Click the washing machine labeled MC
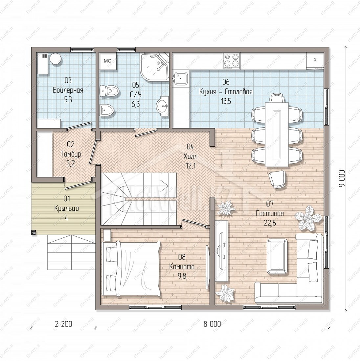(x=108, y=61)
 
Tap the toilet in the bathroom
(x=109, y=91)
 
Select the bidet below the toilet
(x=107, y=110)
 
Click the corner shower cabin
(x=154, y=66)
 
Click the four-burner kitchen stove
(x=232, y=61)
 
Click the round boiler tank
(x=56, y=59)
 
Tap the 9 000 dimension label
(x=342, y=179)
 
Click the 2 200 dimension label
(x=63, y=324)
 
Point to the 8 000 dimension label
(x=212, y=324)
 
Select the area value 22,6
(x=270, y=223)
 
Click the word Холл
(x=191, y=156)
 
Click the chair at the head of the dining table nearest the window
(x=277, y=98)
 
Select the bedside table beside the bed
(x=107, y=235)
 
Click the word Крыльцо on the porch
(x=66, y=208)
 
